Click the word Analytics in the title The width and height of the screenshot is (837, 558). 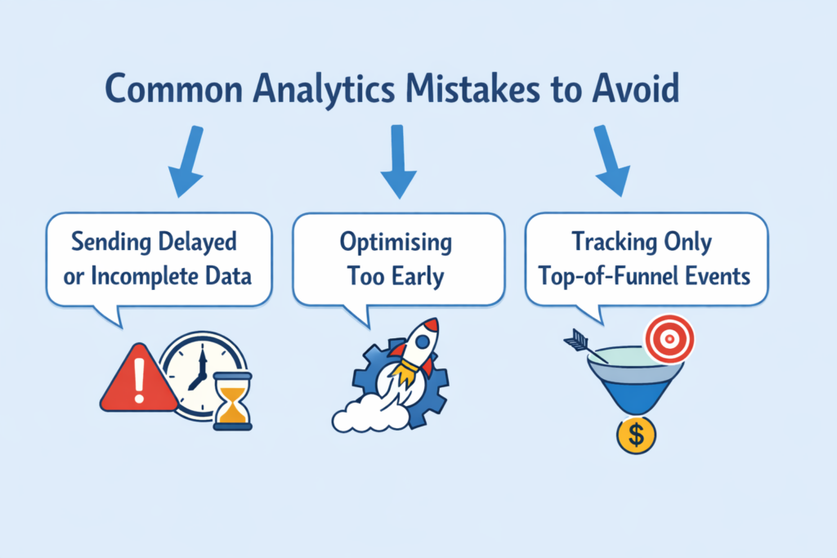point(324,89)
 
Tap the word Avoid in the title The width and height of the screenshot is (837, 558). point(635,88)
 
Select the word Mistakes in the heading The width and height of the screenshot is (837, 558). point(472,88)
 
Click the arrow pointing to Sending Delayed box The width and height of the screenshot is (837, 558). point(188,161)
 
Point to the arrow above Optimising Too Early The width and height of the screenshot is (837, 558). point(398,162)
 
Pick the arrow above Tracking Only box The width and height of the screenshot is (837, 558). point(611,161)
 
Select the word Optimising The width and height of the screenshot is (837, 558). point(396,243)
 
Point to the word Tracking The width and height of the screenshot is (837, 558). point(614,243)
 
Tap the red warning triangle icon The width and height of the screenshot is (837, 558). point(139,379)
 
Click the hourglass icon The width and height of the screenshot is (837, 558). point(233,401)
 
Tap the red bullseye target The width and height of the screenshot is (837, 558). point(669,339)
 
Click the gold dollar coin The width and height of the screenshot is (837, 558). point(636,435)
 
